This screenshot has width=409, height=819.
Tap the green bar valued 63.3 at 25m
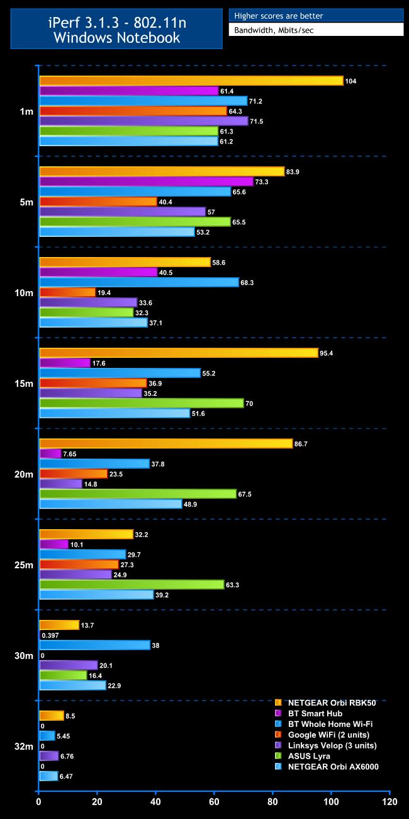pyautogui.click(x=132, y=585)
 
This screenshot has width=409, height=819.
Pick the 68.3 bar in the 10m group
pyautogui.click(x=139, y=282)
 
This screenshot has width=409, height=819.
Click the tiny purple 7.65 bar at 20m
pyautogui.click(x=50, y=454)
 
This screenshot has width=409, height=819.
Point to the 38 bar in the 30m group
pyautogui.click(x=95, y=645)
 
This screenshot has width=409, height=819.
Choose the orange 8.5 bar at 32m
pyautogui.click(x=52, y=716)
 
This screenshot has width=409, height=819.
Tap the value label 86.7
pyautogui.click(x=303, y=444)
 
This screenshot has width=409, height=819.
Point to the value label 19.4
pyautogui.click(x=105, y=292)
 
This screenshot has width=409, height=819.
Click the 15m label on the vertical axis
pyautogui.click(x=26, y=384)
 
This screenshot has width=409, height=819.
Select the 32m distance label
pyautogui.click(x=26, y=747)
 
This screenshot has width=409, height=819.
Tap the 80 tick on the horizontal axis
pyautogui.click(x=272, y=802)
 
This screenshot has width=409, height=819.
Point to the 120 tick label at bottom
pyautogui.click(x=389, y=802)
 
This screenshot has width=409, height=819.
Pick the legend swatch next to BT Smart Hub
pyautogui.click(x=278, y=713)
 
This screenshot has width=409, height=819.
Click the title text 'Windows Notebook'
pyautogui.click(x=116, y=38)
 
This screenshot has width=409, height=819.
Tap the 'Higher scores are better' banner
pyautogui.click(x=316, y=16)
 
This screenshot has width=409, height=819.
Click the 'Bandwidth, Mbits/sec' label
pyautogui.click(x=316, y=30)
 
